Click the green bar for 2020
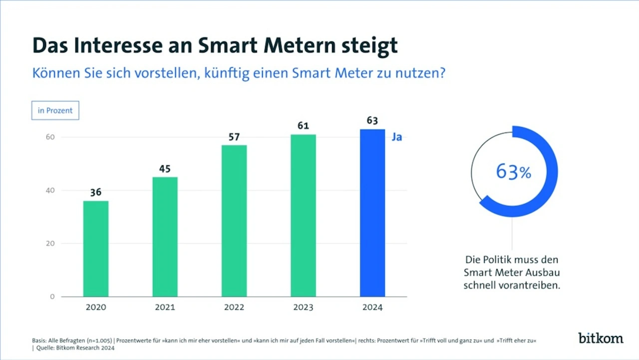point(96,249)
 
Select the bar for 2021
point(165,237)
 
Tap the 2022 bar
point(234,221)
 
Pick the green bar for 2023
point(303,215)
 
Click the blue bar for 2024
point(372,213)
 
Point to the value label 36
point(96,192)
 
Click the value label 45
point(165,169)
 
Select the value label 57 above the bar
point(234,137)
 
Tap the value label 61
point(303,126)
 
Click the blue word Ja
point(397,137)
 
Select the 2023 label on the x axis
point(303,307)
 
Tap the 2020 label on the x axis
point(96,307)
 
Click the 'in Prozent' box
point(55,110)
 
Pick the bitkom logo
point(601,338)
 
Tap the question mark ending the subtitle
point(442,73)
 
